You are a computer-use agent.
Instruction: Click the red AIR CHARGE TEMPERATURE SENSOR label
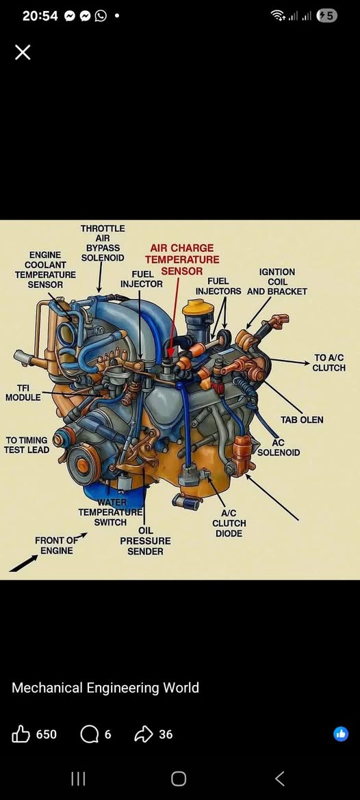(182, 259)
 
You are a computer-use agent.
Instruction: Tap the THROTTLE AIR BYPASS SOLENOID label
(103, 243)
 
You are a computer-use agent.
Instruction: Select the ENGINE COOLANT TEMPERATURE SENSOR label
(45, 270)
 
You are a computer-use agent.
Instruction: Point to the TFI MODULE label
(23, 393)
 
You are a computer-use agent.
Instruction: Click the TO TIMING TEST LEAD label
(27, 445)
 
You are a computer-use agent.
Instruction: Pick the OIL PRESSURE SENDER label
(145, 541)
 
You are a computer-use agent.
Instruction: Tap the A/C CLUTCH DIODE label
(229, 524)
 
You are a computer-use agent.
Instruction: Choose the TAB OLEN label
(302, 420)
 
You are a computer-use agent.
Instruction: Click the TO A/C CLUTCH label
(329, 363)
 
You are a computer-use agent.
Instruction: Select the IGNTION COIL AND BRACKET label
(277, 282)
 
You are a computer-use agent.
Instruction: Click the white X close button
(23, 52)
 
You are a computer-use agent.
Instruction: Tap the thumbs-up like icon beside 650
(21, 734)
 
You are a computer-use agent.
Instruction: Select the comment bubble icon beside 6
(89, 735)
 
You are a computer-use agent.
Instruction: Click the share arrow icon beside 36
(143, 734)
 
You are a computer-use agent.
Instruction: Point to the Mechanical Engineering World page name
(105, 688)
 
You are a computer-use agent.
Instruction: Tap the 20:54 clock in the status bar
(40, 16)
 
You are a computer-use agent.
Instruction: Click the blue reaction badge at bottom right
(341, 734)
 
